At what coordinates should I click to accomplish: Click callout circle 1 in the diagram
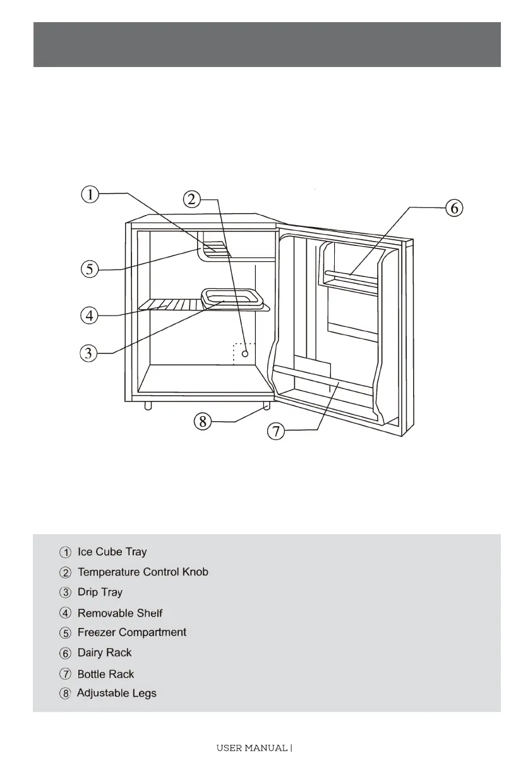click(90, 194)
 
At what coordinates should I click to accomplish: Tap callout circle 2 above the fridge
click(192, 200)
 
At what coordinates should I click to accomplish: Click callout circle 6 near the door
click(454, 208)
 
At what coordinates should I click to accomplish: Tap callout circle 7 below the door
click(276, 432)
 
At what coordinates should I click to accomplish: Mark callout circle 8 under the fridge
click(202, 421)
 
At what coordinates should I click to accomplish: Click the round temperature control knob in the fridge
click(244, 353)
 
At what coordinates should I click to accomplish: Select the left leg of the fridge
click(148, 405)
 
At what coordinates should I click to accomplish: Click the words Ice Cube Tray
click(112, 552)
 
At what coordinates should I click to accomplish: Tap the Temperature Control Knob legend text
click(143, 572)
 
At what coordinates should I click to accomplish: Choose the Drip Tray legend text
click(100, 593)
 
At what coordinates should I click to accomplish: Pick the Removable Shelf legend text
click(120, 613)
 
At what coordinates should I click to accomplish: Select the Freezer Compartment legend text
click(131, 632)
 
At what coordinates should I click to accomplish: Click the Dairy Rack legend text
click(104, 653)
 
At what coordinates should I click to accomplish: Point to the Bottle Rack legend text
click(105, 674)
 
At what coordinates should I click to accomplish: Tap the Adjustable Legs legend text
click(116, 694)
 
